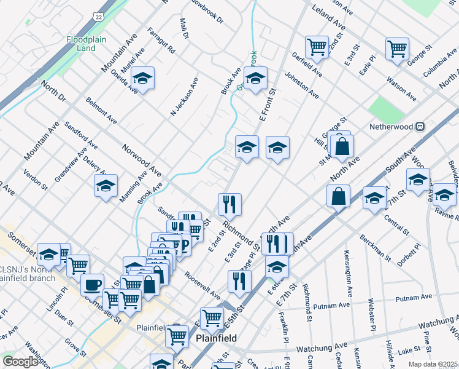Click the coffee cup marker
point(92,285)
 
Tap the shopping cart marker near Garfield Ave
point(317,46)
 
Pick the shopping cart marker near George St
point(397,49)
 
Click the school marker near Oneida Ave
point(142,78)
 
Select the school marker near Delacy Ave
point(106,185)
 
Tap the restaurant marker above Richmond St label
point(229,204)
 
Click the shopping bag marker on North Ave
point(338,196)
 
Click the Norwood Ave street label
point(141,159)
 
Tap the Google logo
point(20,362)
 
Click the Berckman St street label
point(375,246)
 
